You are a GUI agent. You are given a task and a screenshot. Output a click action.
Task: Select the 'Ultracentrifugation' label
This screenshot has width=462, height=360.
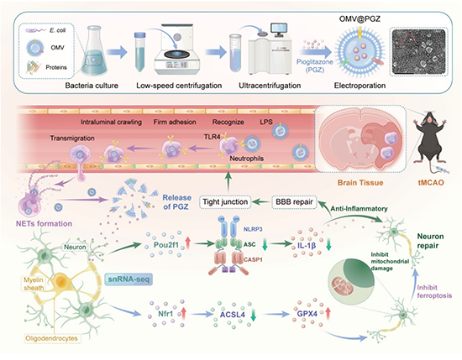[x=270, y=86]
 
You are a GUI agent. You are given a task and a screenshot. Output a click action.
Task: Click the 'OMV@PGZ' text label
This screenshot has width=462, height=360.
[x=360, y=19]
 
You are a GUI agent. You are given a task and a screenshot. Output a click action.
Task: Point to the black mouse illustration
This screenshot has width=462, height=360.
[x=429, y=138]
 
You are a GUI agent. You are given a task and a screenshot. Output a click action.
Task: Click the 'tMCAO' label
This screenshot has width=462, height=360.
[x=431, y=182]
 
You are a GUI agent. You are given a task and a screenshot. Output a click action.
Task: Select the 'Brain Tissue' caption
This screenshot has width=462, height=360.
[x=360, y=182]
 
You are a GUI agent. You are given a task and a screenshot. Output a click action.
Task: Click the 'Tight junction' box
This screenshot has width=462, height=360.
[x=225, y=202]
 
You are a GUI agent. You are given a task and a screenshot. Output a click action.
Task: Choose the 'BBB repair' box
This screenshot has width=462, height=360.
[x=294, y=202]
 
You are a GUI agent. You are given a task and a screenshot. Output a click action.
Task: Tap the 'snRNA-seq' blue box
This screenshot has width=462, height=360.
[x=129, y=279]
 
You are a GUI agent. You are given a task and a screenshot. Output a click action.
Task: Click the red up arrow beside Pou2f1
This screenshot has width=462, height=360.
[x=187, y=244]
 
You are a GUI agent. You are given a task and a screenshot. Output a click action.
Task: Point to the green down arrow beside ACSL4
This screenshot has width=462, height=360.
[x=253, y=315]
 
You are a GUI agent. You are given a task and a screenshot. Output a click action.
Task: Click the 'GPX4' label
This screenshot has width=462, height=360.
[x=307, y=314]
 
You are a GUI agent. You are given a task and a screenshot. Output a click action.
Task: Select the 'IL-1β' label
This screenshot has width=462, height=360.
[x=307, y=244]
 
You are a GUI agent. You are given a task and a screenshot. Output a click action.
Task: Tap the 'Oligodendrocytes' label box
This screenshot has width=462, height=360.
[x=51, y=338]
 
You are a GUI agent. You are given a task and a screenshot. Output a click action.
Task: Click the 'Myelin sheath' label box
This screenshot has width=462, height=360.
[x=34, y=284]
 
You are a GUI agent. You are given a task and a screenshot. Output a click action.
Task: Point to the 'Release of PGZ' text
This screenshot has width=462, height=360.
[x=176, y=202]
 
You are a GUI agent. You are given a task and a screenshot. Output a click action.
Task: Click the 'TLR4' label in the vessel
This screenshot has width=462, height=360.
[x=212, y=137]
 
